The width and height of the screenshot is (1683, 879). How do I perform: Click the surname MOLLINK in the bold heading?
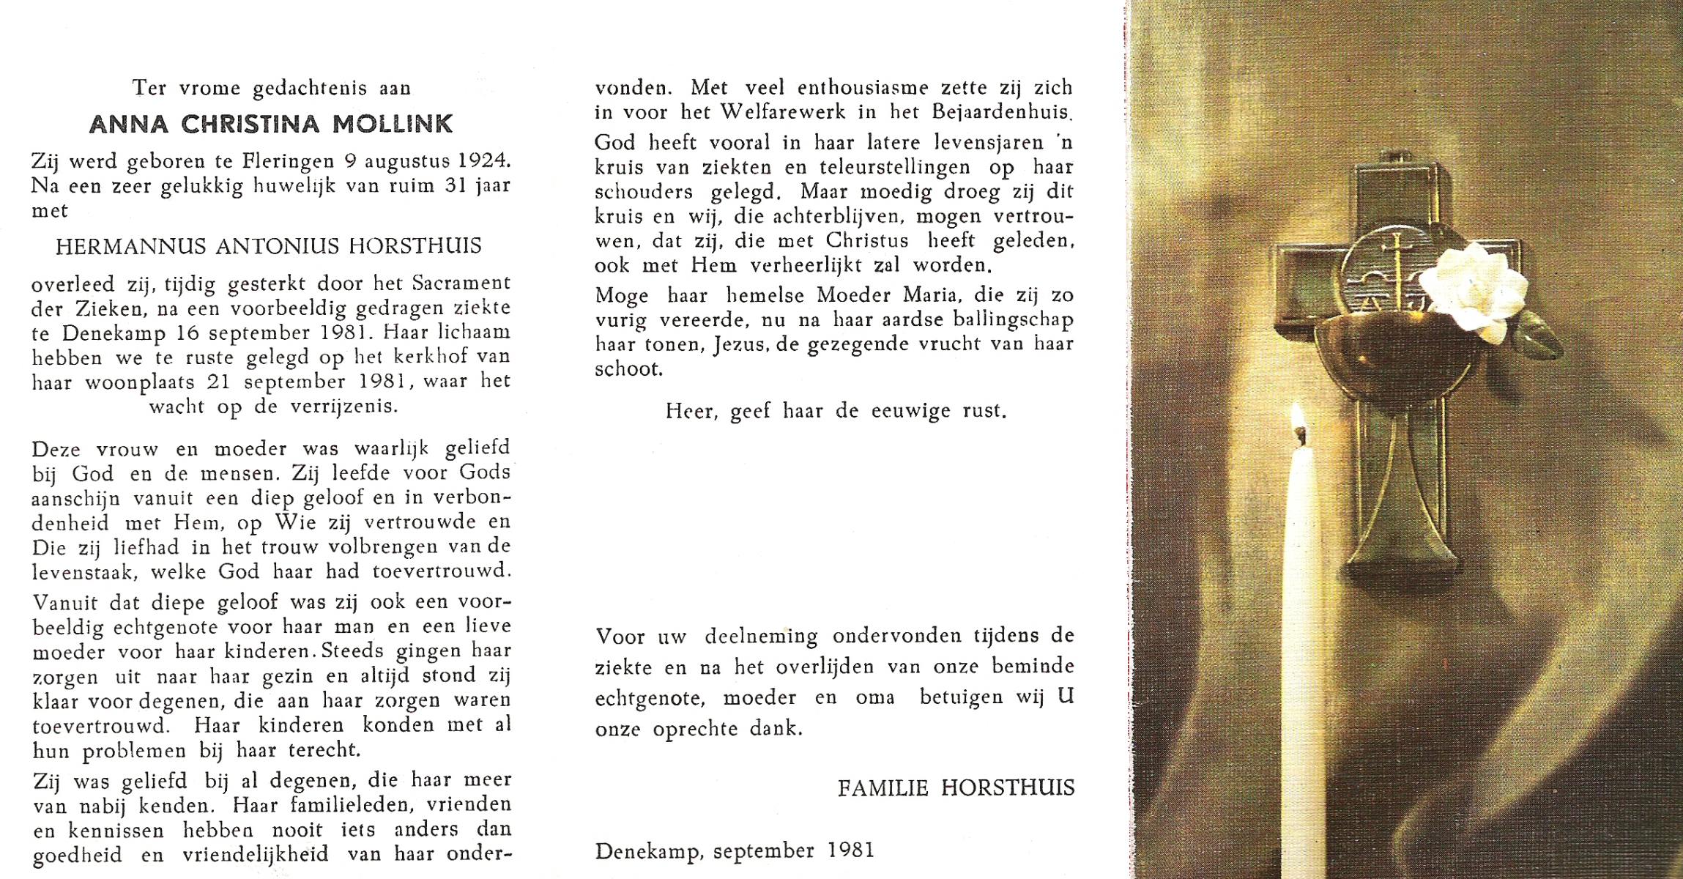393,124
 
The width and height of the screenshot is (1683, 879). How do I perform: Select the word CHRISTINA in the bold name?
250,124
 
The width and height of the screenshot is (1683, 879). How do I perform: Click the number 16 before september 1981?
191,333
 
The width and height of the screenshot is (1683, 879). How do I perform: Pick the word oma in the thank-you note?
874,697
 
